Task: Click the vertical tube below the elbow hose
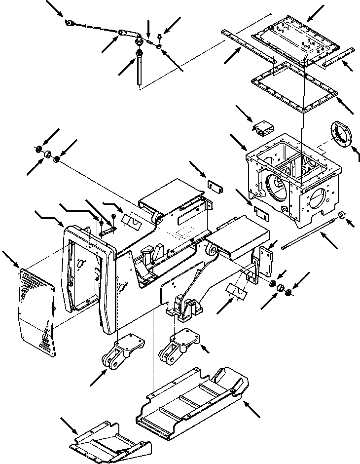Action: click(140, 69)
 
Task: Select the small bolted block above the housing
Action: click(263, 128)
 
